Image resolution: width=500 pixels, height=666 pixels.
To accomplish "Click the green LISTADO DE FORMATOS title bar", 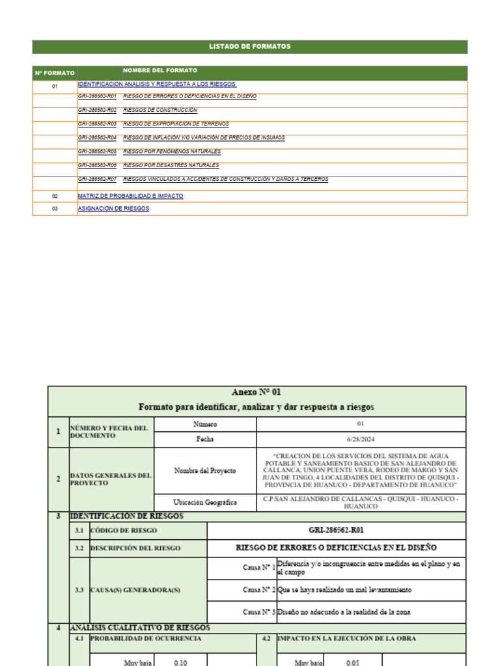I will pyautogui.click(x=249, y=47).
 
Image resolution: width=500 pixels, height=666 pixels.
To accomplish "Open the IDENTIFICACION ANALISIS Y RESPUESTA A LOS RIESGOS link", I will pyautogui.click(x=156, y=85).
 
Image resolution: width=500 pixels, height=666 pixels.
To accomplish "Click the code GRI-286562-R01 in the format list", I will pyautogui.click(x=97, y=96).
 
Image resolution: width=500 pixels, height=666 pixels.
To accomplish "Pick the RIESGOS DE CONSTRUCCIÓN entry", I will pyautogui.click(x=160, y=111).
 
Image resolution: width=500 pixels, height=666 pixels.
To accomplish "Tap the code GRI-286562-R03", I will pyautogui.click(x=97, y=124).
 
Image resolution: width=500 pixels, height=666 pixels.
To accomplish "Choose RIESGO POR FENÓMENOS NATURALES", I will pyautogui.click(x=171, y=152).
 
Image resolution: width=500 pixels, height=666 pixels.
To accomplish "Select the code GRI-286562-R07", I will pyautogui.click(x=97, y=179).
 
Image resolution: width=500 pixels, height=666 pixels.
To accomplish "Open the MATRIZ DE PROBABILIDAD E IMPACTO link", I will pyautogui.click(x=130, y=196).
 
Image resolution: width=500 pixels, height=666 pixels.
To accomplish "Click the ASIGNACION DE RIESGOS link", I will pyautogui.click(x=113, y=209).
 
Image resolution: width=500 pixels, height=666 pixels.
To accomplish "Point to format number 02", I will pyautogui.click(x=55, y=196).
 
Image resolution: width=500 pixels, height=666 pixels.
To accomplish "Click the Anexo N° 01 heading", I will pyautogui.click(x=257, y=392).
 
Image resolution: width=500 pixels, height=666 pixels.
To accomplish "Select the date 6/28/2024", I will pyautogui.click(x=361, y=439).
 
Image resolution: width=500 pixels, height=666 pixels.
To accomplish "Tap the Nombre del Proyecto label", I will pyautogui.click(x=204, y=470).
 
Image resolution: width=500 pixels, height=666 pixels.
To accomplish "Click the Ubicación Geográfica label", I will pyautogui.click(x=205, y=502).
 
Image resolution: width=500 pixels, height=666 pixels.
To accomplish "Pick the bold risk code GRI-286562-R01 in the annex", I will pyautogui.click(x=336, y=530).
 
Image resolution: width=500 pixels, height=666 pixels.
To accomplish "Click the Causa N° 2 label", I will pyautogui.click(x=258, y=590).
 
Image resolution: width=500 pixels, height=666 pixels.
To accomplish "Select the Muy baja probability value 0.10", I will pyautogui.click(x=180, y=662).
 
